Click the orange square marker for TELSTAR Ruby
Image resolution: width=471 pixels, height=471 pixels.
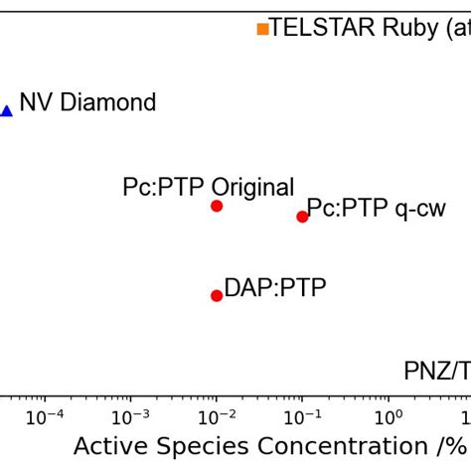click(262, 29)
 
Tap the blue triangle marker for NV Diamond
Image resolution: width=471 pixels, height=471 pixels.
click(6, 110)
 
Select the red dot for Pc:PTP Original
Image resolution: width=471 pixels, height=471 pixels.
click(217, 206)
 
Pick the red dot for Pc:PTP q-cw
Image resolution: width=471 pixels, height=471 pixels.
click(302, 217)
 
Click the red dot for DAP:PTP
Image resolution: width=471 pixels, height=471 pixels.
click(217, 295)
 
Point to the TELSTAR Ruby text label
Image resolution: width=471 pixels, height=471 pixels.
click(369, 28)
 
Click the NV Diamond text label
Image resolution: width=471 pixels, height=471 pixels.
click(87, 102)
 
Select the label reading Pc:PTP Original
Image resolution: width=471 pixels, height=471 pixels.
click(208, 187)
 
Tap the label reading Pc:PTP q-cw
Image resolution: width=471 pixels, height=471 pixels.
click(376, 209)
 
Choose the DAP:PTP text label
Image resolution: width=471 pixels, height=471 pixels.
click(274, 288)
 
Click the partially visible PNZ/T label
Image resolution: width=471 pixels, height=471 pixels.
click(436, 371)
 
